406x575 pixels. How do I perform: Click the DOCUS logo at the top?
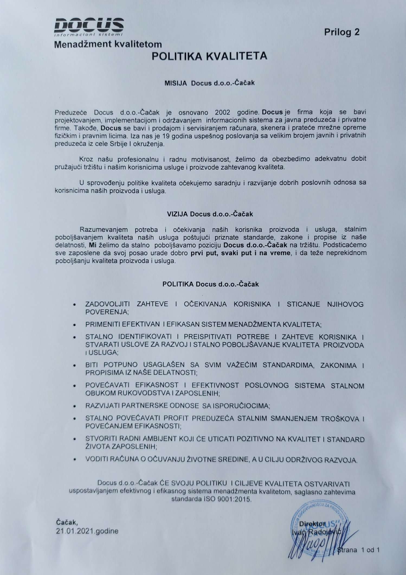click(89, 26)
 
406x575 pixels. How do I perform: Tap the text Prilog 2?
click(341, 32)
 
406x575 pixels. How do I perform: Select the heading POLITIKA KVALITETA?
click(209, 56)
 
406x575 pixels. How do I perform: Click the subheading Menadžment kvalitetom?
click(108, 44)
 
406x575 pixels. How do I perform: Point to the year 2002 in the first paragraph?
click(223, 112)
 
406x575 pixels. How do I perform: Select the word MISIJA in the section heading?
click(176, 83)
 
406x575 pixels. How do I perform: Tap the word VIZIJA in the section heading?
click(177, 214)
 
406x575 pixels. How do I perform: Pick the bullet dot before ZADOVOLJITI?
click(75, 305)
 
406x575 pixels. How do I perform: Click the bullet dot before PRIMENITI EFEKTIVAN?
click(75, 325)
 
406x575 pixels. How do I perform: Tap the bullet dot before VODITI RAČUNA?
click(75, 459)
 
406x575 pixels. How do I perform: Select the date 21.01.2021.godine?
click(87, 531)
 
